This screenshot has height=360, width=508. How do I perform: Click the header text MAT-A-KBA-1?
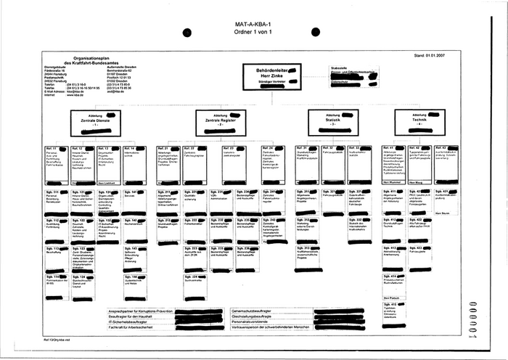(x=253, y=25)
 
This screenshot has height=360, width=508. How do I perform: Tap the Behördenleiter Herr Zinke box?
(x=271, y=75)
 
